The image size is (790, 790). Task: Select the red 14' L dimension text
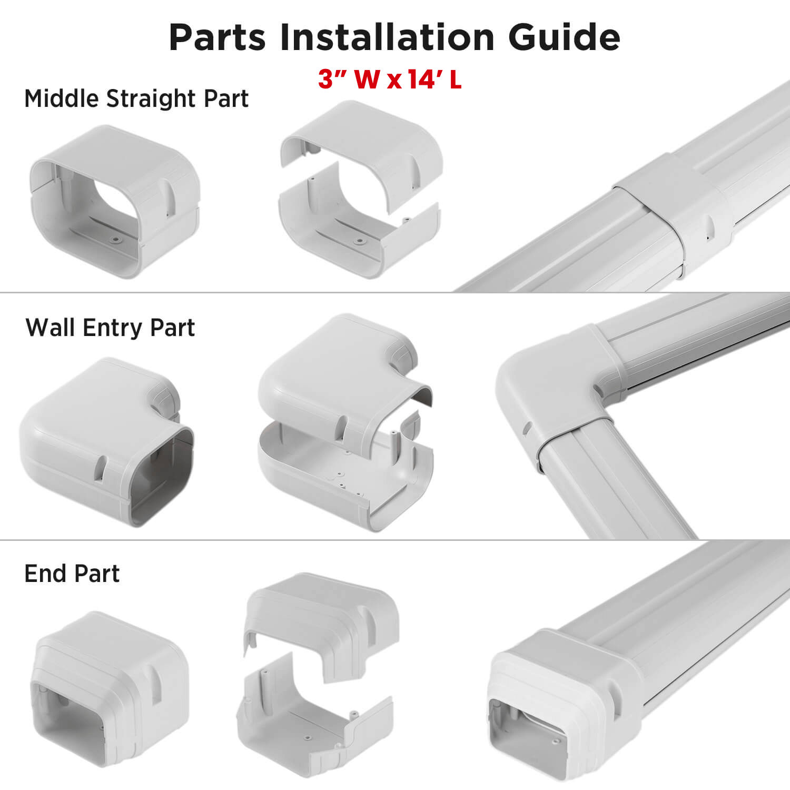434,79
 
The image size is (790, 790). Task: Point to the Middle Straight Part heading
136,98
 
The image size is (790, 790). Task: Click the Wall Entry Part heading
110,328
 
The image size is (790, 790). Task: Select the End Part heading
72,574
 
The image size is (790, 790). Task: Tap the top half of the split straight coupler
369,147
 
